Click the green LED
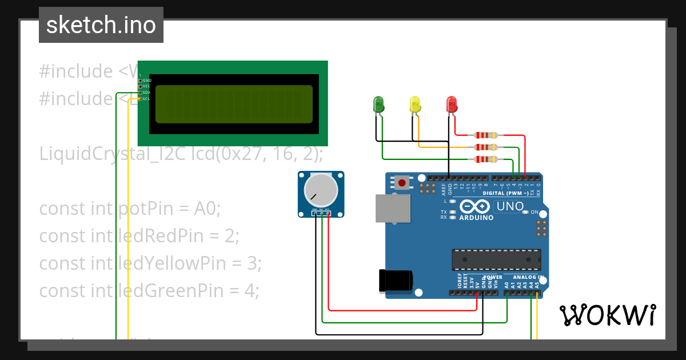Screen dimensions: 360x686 coord(378,104)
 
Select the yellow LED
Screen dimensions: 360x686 coord(415,104)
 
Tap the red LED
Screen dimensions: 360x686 coord(452,104)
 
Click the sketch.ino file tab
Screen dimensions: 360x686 coord(101,25)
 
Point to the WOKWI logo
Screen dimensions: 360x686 coord(607,315)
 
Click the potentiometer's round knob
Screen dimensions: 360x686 coord(320,190)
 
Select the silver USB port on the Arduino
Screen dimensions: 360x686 coord(392,208)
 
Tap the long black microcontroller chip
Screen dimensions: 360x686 coord(496,259)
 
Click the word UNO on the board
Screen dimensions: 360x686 coord(510,206)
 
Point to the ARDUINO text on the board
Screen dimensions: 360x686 coord(476,218)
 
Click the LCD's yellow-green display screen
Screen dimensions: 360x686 coord(233,104)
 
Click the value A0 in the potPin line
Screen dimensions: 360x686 coord(207,209)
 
